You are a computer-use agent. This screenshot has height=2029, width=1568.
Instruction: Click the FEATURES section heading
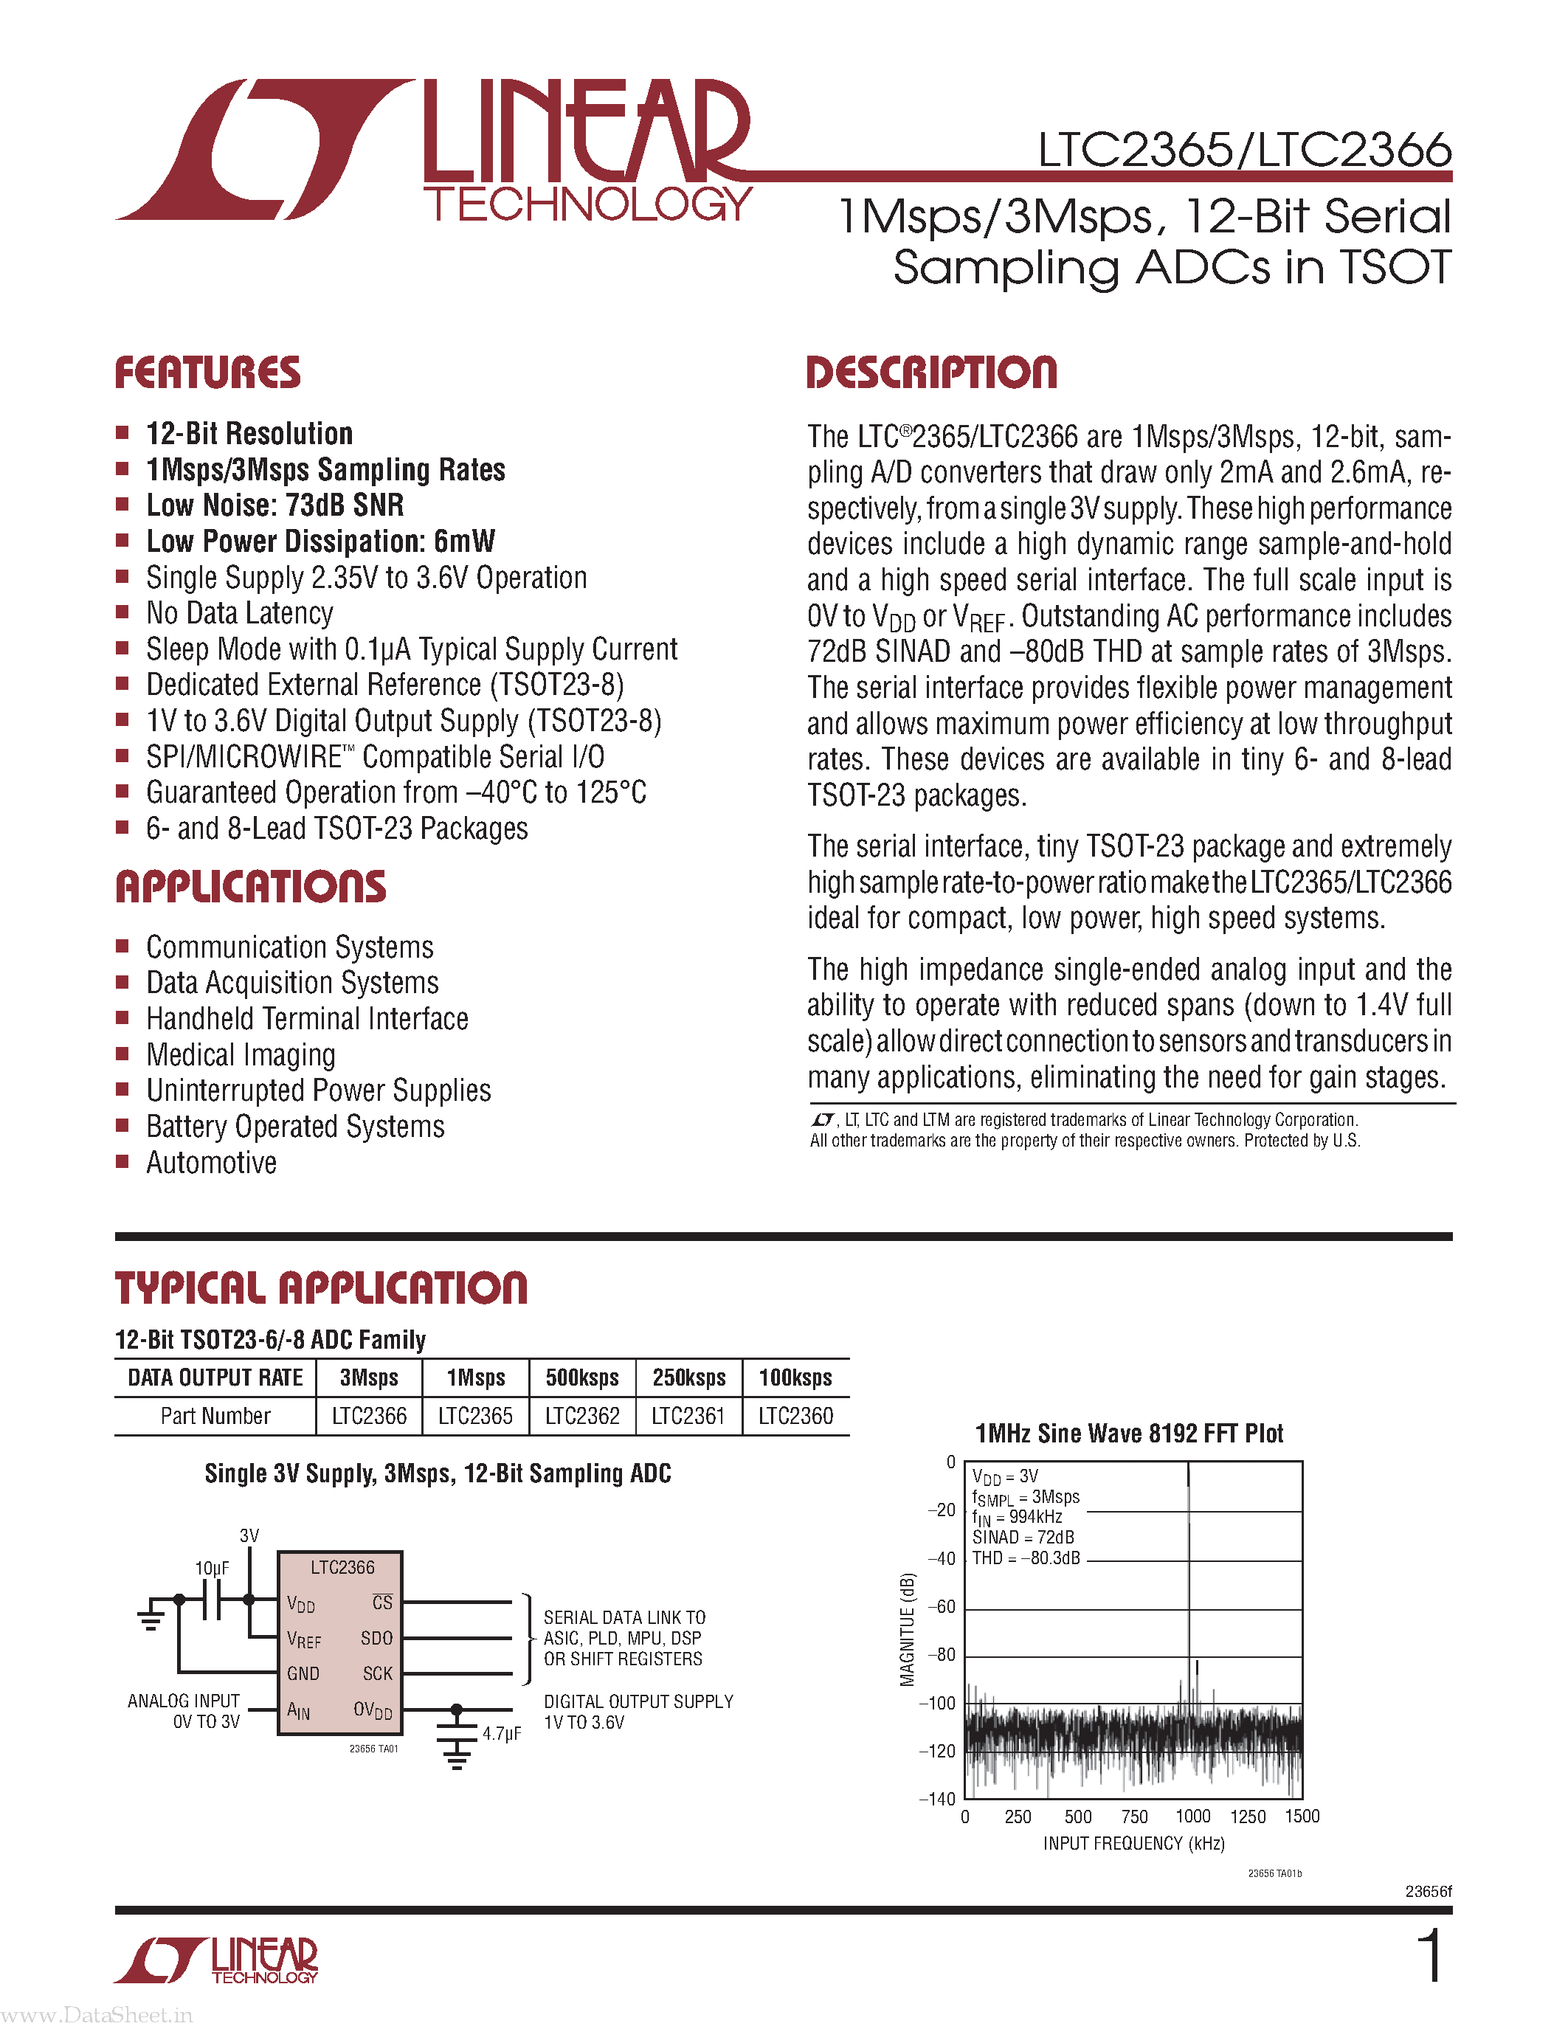[207, 373]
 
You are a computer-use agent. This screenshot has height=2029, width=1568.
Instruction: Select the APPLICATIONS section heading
[250, 886]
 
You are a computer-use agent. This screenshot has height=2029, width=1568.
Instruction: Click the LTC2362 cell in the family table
[581, 1416]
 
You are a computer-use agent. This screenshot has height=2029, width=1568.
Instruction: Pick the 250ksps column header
[688, 1378]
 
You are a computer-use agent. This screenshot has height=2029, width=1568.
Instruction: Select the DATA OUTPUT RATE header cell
[215, 1378]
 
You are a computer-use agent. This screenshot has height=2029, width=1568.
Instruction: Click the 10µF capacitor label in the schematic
[212, 1568]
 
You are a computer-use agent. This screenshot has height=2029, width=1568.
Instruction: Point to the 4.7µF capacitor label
[502, 1734]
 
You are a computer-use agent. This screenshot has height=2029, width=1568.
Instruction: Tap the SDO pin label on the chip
[376, 1638]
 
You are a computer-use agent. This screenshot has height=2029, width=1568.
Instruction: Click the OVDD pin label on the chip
[373, 1710]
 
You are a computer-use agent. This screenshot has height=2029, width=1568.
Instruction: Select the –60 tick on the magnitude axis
[942, 1606]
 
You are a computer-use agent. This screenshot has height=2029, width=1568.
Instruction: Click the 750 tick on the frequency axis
[1134, 1817]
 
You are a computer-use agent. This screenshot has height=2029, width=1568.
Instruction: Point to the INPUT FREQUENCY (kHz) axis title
[1133, 1843]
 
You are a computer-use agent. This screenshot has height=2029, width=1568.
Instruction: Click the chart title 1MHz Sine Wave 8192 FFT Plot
[1129, 1434]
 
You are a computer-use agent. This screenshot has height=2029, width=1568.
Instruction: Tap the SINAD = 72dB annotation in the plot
[1023, 1538]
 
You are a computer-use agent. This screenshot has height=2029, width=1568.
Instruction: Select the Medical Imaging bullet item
[241, 1055]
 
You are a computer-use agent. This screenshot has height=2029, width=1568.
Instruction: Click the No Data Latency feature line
[240, 613]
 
